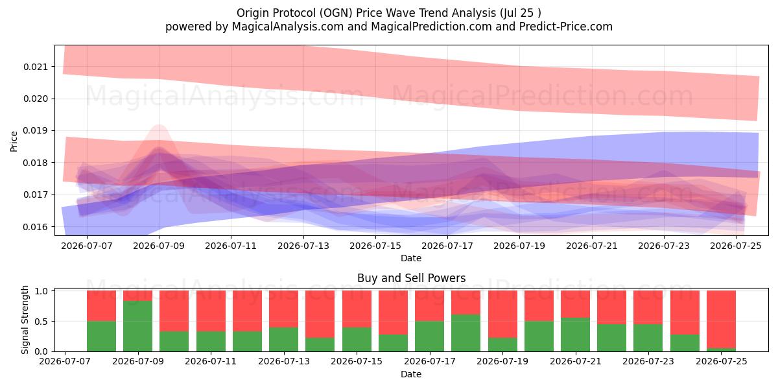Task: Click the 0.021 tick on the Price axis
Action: point(36,67)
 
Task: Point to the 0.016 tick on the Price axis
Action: point(36,227)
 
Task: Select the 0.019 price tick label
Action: point(36,130)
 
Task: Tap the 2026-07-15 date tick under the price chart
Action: point(375,246)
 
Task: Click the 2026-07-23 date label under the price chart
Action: point(664,246)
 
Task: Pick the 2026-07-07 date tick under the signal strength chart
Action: point(65,361)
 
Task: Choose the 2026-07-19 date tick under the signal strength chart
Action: point(502,361)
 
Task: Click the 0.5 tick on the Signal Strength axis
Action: point(41,322)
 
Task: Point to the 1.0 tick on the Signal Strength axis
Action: point(41,291)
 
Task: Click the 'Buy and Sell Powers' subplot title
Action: point(411,278)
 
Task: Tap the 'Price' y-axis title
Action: point(14,141)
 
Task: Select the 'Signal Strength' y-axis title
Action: point(25,320)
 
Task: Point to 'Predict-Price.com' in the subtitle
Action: point(566,27)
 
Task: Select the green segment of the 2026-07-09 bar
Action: point(137,326)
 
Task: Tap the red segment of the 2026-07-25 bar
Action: point(721,320)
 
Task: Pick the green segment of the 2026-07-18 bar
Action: point(466,333)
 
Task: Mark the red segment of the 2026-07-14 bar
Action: point(320,314)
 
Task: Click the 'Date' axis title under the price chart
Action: point(411,258)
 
